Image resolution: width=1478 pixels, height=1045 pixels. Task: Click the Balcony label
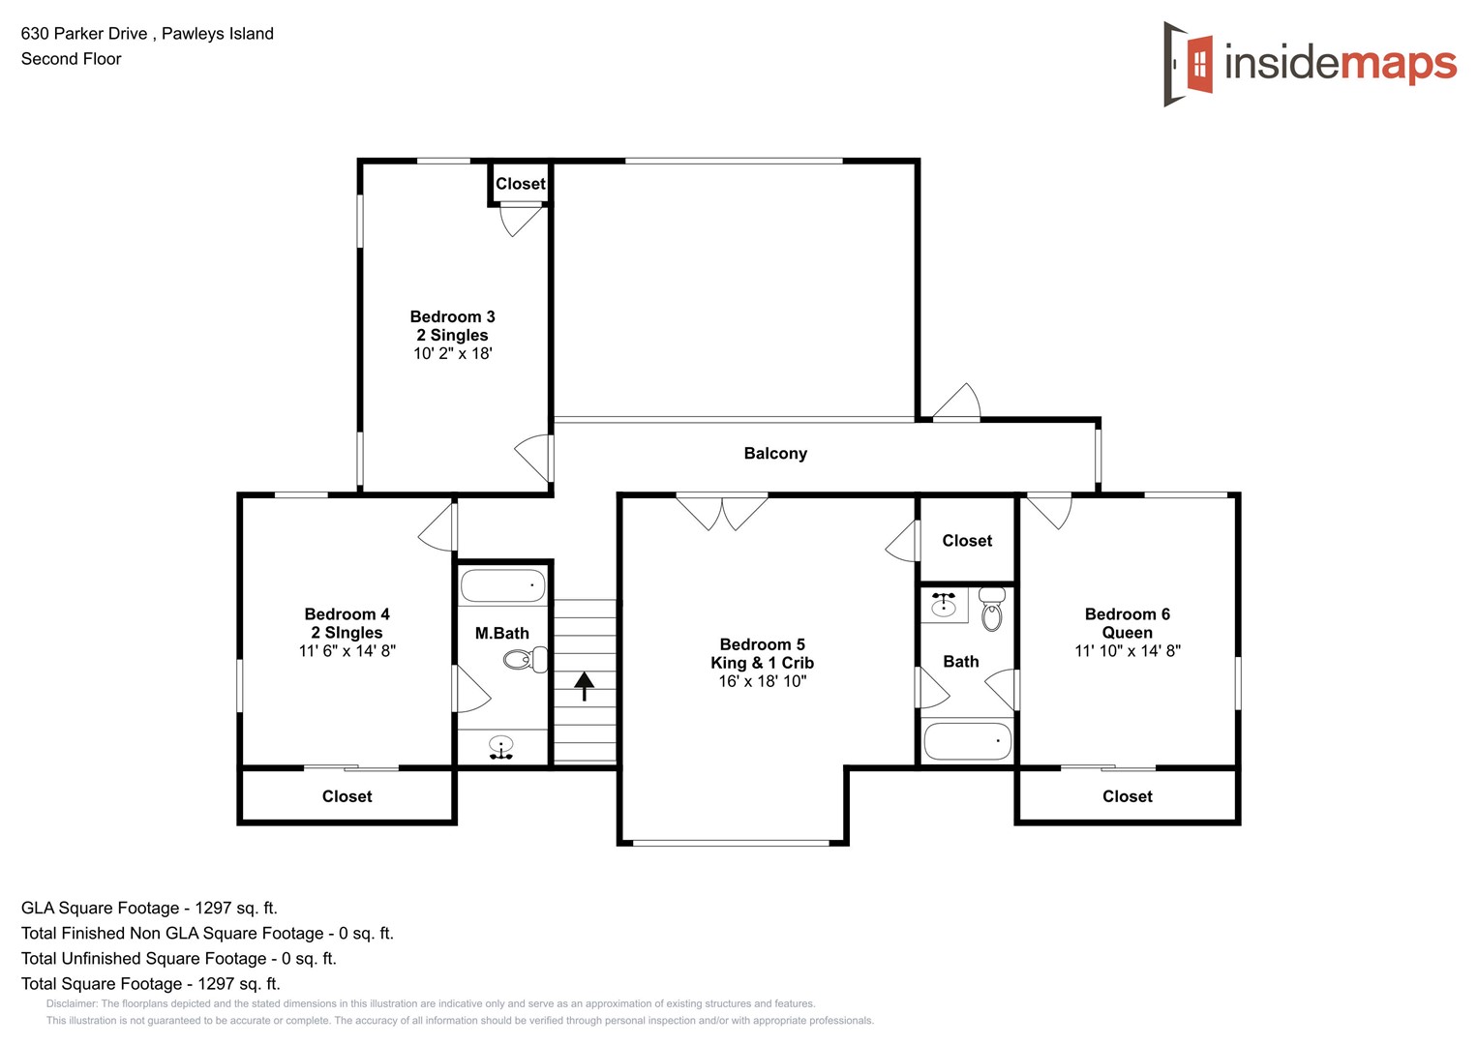[x=774, y=453]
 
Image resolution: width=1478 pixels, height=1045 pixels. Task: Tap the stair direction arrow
[x=584, y=685]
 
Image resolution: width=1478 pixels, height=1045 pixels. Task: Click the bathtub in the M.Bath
[x=502, y=585]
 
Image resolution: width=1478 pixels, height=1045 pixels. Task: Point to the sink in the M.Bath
[x=500, y=746]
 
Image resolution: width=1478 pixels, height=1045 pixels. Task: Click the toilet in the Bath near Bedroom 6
[x=991, y=611]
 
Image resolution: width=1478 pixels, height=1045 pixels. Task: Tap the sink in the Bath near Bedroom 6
[x=943, y=605]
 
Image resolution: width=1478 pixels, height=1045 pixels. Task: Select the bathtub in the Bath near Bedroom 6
[x=967, y=742]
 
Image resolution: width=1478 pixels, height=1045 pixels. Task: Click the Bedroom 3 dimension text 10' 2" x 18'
[x=452, y=354]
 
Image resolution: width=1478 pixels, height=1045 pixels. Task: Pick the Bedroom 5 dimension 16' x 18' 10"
[x=762, y=681]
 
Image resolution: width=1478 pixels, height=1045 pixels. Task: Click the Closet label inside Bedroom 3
[x=520, y=184]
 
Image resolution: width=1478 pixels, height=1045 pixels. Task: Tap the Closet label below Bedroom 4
[x=347, y=796]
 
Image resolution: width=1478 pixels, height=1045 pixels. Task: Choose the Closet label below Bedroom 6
[x=1127, y=796]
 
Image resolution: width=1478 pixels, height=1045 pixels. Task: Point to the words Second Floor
[x=71, y=59]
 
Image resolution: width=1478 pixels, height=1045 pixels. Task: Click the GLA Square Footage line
[x=149, y=908]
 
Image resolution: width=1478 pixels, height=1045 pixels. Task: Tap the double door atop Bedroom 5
[x=722, y=511]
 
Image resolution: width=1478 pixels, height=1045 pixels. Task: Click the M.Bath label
[x=501, y=633]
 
